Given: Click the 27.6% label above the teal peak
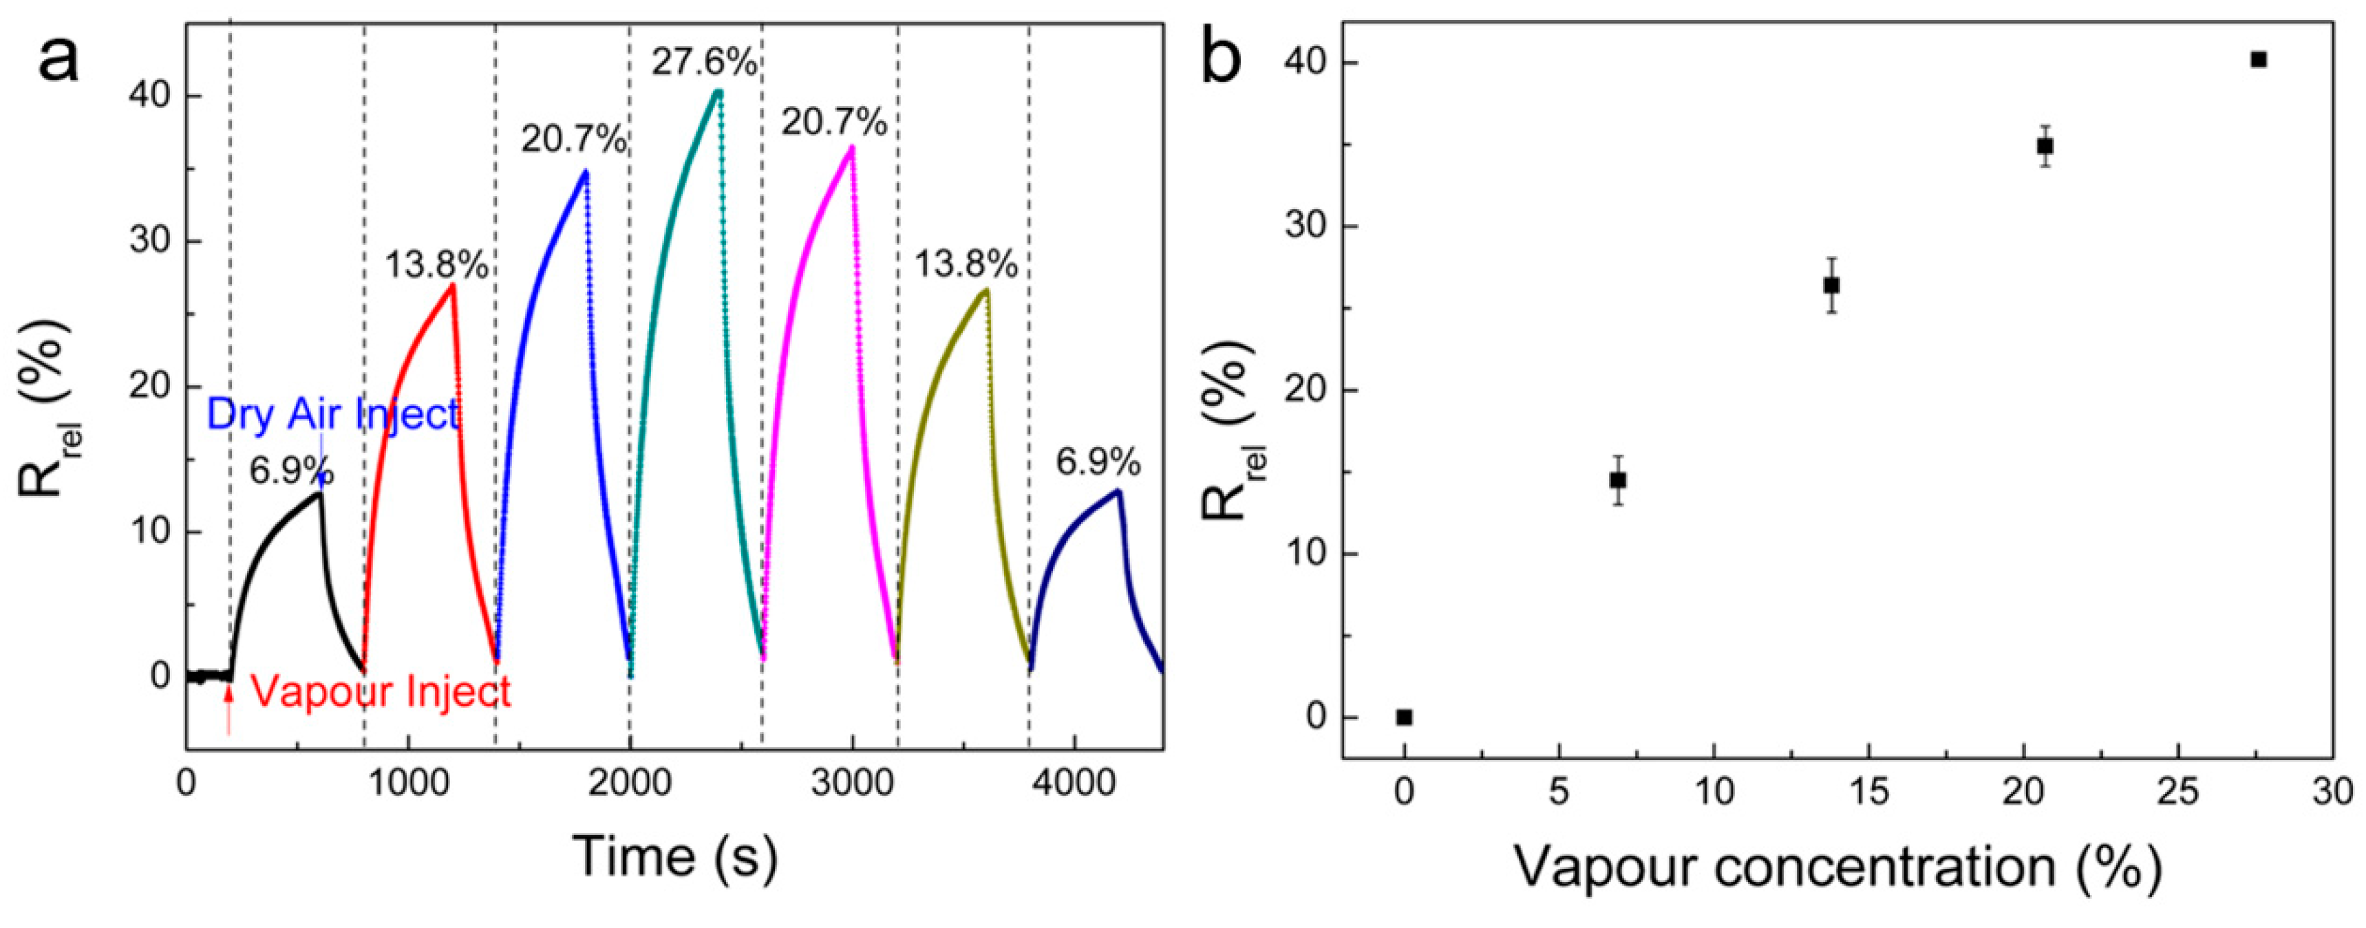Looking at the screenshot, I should [x=705, y=63].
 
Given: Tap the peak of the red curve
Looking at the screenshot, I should [x=452, y=285].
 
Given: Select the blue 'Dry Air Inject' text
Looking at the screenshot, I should [x=332, y=414].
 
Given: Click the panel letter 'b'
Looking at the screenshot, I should [x=1221, y=57].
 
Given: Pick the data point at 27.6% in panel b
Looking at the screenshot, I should [x=2259, y=60].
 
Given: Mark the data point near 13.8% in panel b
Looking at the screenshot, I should [x=1831, y=285].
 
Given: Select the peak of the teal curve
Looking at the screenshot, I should [x=718, y=91].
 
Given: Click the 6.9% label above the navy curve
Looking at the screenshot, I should [x=1098, y=462].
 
